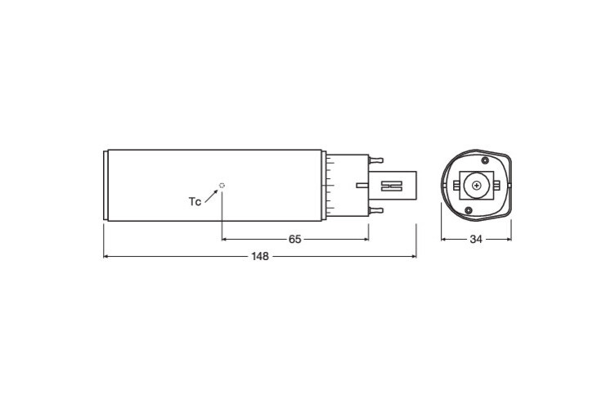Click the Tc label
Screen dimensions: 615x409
[x=195, y=201]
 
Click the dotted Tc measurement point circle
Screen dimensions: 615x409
[x=222, y=185]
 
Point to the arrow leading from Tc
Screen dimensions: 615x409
[x=211, y=196]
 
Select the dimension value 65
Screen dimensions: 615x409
[x=294, y=239]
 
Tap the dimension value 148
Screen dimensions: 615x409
[x=260, y=257]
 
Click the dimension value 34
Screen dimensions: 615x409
[x=476, y=239]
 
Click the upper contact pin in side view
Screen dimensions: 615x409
[x=375, y=160]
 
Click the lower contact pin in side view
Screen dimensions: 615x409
[x=375, y=210]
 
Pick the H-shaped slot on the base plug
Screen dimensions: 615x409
[x=393, y=186]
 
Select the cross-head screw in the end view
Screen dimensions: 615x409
[x=477, y=185]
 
